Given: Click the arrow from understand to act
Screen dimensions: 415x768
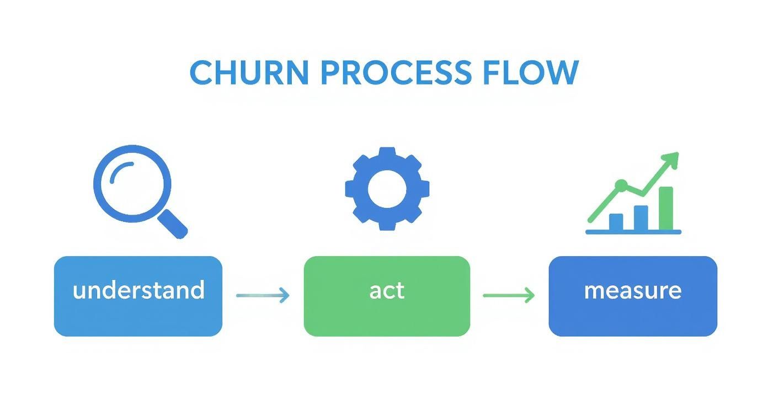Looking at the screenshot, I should point(263,295).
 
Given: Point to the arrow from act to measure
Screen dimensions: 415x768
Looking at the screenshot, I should point(509,295).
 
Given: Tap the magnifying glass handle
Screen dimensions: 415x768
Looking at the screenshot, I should point(173,224).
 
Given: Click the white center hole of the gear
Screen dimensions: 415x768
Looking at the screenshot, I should point(387,188).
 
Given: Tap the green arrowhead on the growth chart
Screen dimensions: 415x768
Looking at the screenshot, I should point(671,160).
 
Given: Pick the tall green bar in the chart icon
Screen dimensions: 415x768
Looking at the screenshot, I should point(666,208).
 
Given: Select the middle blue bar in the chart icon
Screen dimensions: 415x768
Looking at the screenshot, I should point(641,217).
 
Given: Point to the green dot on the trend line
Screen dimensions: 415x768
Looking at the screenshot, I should point(621,184).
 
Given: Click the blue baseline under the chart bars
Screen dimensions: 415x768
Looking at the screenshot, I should point(633,232).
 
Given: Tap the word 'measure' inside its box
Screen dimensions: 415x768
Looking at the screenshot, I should point(633,290).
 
